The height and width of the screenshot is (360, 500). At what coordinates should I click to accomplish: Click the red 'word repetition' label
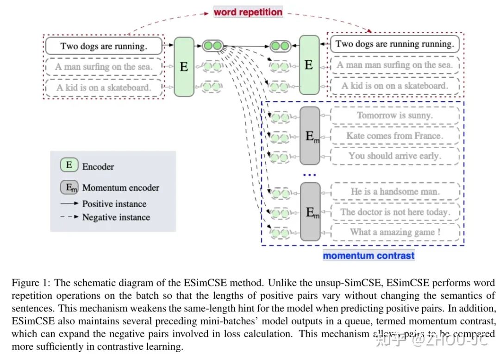click(x=248, y=12)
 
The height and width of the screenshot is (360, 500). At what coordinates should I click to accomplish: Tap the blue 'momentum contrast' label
click(x=369, y=255)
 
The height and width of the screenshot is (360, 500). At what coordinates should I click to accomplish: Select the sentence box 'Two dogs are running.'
click(x=104, y=46)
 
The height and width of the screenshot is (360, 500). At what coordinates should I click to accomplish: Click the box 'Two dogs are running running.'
click(x=394, y=44)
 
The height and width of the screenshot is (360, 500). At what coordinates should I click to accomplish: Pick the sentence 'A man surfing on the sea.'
click(x=104, y=67)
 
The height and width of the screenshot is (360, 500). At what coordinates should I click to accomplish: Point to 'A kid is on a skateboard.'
click(x=104, y=87)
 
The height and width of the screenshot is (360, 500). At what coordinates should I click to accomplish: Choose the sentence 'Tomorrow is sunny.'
click(x=394, y=115)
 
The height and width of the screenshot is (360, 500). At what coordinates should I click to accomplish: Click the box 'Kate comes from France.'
click(x=394, y=136)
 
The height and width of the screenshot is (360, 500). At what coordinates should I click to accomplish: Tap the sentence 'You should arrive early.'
click(x=394, y=156)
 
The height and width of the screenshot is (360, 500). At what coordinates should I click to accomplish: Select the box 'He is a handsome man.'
click(x=394, y=191)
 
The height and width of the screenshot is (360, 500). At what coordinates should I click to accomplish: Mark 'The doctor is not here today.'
click(x=394, y=212)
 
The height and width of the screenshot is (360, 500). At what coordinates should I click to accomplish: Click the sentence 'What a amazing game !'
click(x=394, y=232)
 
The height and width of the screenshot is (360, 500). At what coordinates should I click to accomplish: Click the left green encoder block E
click(x=184, y=67)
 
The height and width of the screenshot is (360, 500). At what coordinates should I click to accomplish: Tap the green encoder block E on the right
click(x=309, y=65)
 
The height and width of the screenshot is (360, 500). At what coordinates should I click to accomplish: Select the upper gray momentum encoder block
click(x=310, y=136)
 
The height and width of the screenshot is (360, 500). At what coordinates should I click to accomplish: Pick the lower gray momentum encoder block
click(x=310, y=212)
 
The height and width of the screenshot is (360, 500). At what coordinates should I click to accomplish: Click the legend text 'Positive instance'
click(x=114, y=204)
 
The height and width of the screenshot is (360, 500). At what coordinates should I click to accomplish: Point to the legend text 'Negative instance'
click(x=116, y=217)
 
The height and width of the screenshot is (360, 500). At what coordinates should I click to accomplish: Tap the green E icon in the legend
click(x=69, y=165)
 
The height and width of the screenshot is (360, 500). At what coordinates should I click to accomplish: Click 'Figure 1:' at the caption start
click(x=29, y=283)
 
